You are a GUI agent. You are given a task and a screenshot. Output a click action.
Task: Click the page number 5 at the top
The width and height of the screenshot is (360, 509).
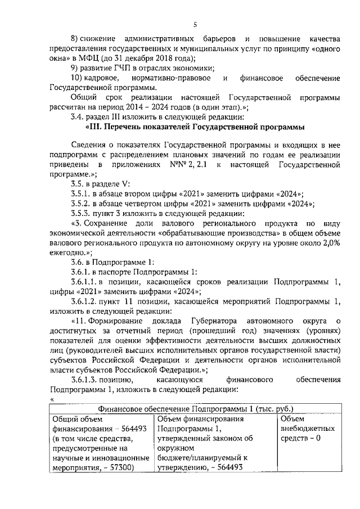pyautogui.click(x=195, y=24)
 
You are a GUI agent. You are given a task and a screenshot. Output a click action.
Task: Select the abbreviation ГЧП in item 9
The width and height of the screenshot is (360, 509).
pyautogui.click(x=120, y=69)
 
